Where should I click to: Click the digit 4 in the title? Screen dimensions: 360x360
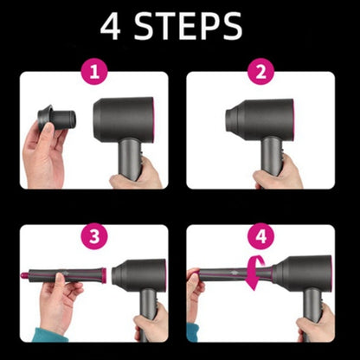coord(111,27)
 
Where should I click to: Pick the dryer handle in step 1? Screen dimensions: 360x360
coord(130,164)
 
